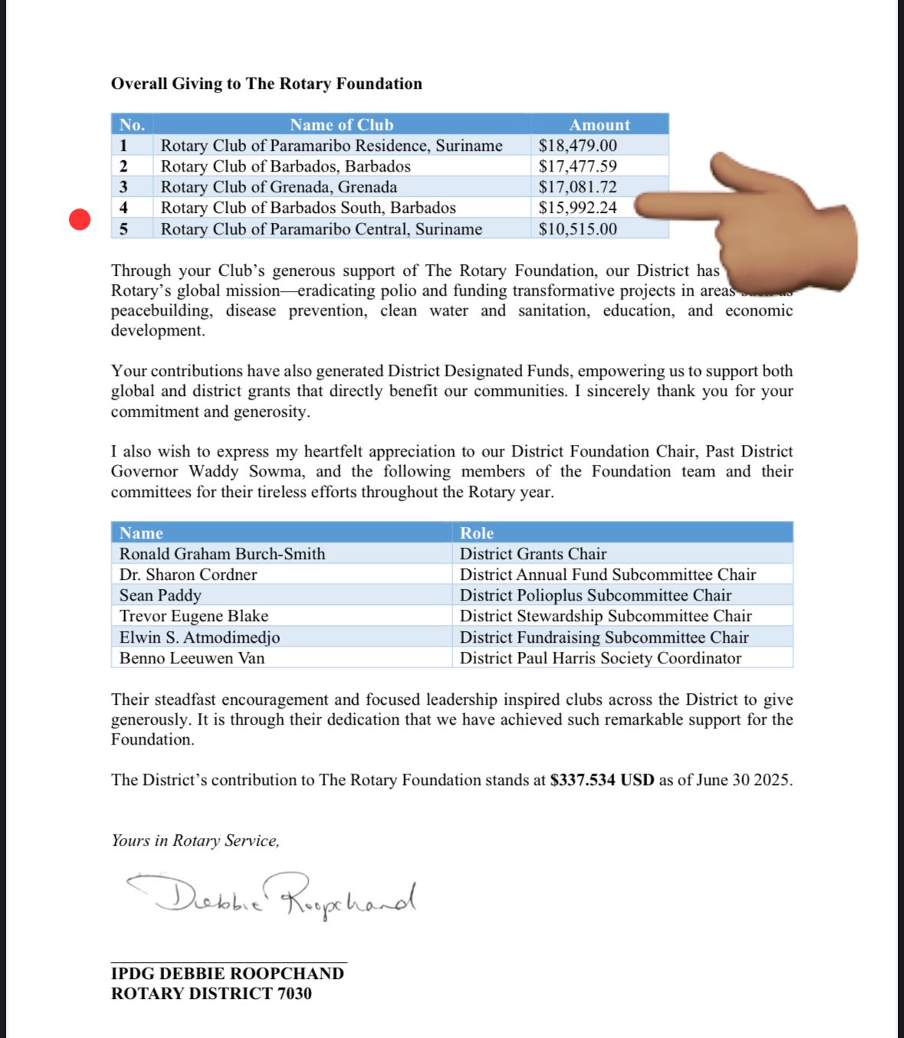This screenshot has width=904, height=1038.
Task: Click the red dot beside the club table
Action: (x=80, y=220)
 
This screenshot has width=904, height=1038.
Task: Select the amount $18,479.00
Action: (x=577, y=146)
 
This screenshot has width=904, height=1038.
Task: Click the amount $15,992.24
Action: (x=577, y=208)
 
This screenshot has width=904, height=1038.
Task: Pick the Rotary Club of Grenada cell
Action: (x=279, y=187)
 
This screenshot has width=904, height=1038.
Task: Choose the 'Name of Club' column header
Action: (x=341, y=125)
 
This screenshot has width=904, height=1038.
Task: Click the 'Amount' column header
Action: (x=600, y=125)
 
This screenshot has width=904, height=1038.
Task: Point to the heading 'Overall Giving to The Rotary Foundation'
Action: (x=267, y=83)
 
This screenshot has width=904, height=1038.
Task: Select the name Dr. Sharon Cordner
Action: (x=188, y=575)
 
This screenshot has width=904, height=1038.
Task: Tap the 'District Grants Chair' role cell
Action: (x=533, y=554)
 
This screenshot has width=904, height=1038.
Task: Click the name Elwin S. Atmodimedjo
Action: (x=199, y=637)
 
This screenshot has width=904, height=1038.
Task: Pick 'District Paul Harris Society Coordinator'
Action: (x=600, y=658)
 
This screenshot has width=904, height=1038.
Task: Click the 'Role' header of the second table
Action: (x=477, y=533)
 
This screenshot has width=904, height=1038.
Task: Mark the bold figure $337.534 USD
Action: (x=602, y=780)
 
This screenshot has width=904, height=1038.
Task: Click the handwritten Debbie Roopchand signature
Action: (x=272, y=895)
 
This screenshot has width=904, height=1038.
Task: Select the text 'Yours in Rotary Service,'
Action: (x=196, y=840)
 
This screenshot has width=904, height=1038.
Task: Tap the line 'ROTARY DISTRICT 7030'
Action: (x=212, y=994)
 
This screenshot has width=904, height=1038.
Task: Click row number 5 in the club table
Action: (x=123, y=229)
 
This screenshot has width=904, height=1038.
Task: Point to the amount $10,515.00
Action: (x=577, y=229)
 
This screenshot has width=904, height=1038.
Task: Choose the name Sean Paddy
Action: (x=160, y=595)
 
